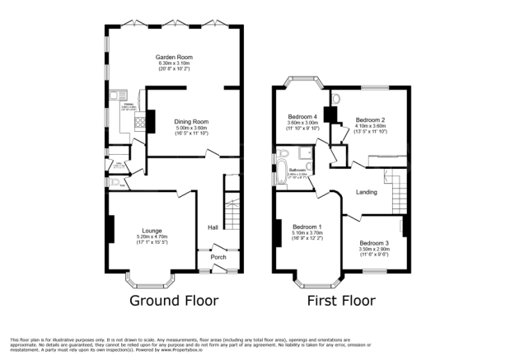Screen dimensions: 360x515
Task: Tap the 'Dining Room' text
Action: (192, 121)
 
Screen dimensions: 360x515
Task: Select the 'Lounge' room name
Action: (150, 230)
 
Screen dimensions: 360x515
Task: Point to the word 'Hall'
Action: (213, 227)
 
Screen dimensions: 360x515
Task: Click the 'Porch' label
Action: (219, 256)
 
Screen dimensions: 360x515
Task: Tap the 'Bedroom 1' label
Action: (307, 227)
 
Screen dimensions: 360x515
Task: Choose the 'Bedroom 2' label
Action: (370, 119)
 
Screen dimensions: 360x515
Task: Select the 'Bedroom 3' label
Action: (375, 243)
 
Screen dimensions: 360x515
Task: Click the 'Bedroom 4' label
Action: (302, 116)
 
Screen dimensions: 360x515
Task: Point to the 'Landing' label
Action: (367, 192)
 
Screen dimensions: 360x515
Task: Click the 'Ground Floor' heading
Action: (175, 301)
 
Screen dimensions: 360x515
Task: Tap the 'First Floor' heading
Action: (341, 301)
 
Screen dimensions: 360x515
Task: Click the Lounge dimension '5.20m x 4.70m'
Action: (150, 237)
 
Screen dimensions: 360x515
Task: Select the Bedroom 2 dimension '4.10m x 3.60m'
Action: (370, 126)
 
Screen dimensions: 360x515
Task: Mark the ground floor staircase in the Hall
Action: (232, 214)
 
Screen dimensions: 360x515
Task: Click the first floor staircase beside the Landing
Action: (399, 196)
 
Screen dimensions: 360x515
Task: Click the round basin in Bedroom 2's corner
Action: (335, 98)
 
